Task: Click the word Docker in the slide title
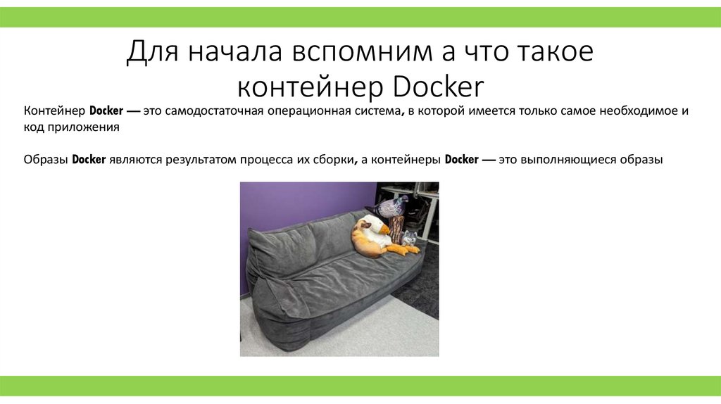(x=439, y=87)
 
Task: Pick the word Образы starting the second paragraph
(x=45, y=159)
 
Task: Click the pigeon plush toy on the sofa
(x=389, y=206)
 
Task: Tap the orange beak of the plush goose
(x=384, y=229)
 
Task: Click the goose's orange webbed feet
(x=406, y=248)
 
